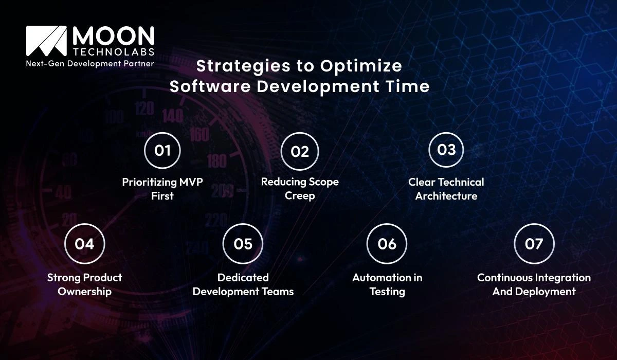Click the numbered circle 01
[x=162, y=151]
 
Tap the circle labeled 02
[x=300, y=151]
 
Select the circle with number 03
[x=446, y=150]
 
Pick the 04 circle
[x=84, y=244]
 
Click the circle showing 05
[x=243, y=244]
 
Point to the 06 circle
[x=387, y=244]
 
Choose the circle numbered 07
[x=534, y=244]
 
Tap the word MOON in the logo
[x=113, y=36]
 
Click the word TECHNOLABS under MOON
[x=113, y=53]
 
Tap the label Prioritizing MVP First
[x=162, y=189]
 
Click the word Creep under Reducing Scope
[x=300, y=196]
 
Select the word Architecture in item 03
[x=446, y=196]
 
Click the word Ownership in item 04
[x=84, y=292]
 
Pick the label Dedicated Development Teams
[x=243, y=284]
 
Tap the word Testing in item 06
[x=387, y=292]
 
